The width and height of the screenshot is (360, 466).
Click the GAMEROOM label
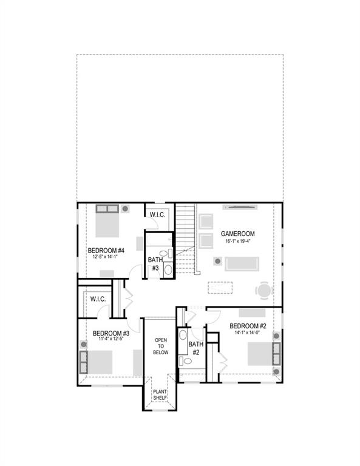coord(237,234)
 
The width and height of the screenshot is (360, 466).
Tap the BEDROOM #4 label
coord(106,250)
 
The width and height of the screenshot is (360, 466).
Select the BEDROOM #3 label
coord(111,333)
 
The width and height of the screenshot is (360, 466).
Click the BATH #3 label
coord(154,264)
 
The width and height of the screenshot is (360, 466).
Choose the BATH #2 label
coord(195,348)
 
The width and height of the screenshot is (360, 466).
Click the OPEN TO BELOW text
coord(160,346)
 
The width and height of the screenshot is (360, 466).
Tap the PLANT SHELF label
coord(160,394)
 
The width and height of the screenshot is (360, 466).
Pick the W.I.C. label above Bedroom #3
coord(98,299)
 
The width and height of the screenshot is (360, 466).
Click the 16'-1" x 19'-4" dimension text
coord(237,241)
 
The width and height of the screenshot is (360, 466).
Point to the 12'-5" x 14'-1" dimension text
coord(106,257)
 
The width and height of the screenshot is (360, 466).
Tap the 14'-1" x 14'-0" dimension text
coord(248,333)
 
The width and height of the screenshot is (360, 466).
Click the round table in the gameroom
coord(264,291)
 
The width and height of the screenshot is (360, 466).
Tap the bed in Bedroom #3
coord(97,362)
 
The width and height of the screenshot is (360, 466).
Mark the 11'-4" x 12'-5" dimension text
coord(111,340)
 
